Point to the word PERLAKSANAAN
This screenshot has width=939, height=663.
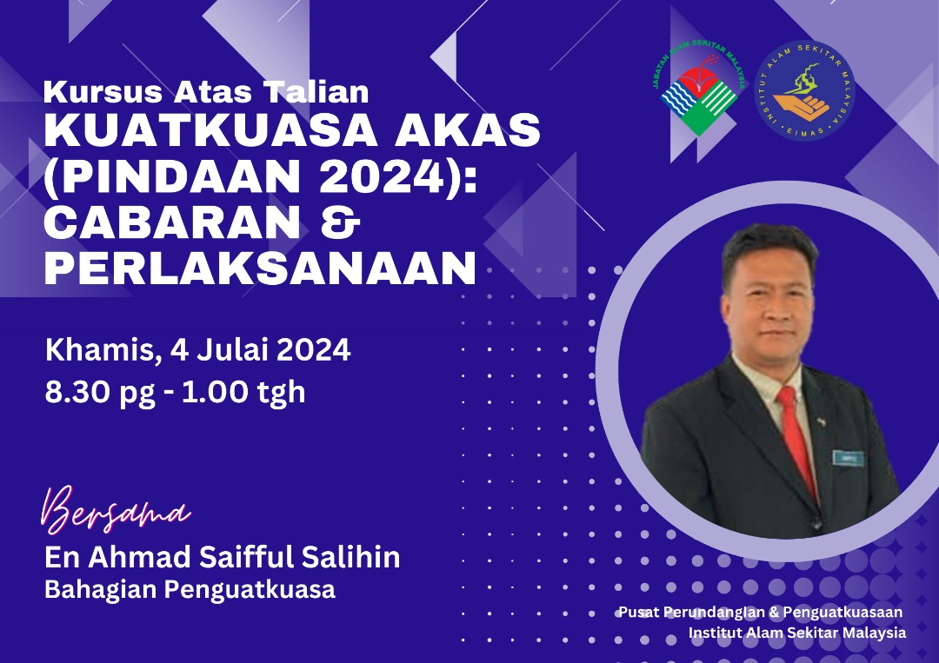[x=260, y=269]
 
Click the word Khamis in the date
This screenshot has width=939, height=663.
[x=99, y=350]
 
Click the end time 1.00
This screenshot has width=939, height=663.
[x=214, y=392]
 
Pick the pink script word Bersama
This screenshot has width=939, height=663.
[x=115, y=510]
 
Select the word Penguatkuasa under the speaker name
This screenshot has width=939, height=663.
[x=250, y=590]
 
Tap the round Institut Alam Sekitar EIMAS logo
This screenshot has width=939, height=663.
[x=804, y=90]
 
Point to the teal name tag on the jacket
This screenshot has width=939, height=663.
[x=848, y=458]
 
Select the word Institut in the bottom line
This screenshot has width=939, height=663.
[x=715, y=633]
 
